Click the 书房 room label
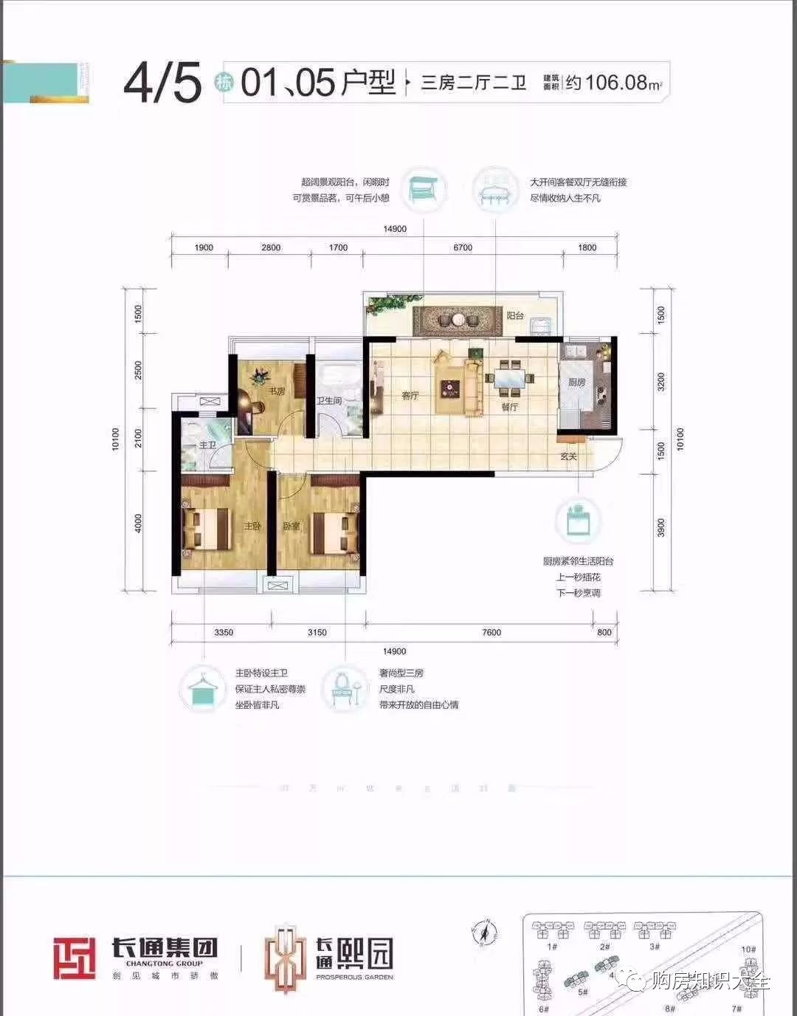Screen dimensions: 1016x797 (276, 391)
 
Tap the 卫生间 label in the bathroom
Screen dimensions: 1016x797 (329, 401)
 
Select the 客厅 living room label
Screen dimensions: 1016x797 (410, 396)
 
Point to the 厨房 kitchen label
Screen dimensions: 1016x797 (576, 382)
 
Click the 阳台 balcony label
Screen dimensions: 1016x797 (515, 315)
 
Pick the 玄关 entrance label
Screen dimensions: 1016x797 (568, 456)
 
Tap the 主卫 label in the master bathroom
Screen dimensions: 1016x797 (207, 445)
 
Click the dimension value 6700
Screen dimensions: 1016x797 (463, 247)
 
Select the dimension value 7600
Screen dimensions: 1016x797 (491, 632)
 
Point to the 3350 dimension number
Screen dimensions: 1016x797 (224, 632)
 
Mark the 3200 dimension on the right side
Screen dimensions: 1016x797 (661, 382)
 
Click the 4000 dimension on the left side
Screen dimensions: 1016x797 (138, 523)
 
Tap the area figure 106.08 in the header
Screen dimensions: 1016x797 (616, 82)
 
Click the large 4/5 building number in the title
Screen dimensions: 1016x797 (162, 82)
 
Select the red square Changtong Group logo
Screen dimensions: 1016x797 (75, 958)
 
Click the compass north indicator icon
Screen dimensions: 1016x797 (484, 933)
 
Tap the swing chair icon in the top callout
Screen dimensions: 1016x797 (424, 189)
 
